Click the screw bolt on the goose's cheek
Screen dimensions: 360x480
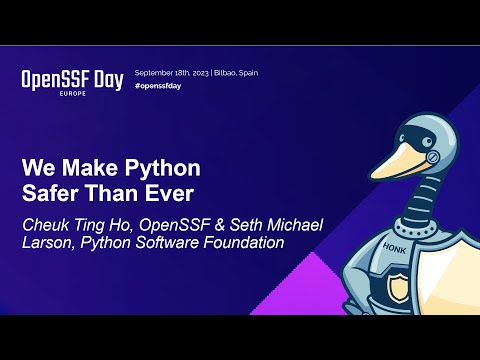click(433, 156)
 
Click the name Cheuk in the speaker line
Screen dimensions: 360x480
click(47, 222)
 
